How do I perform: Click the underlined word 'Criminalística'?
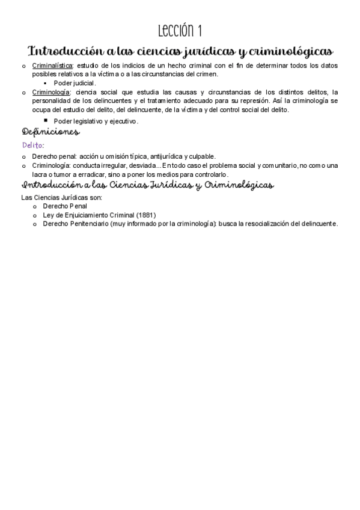(52, 66)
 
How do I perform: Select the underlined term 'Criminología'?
(50, 92)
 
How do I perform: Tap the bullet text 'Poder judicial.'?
(75, 83)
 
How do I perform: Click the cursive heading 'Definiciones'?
(50, 132)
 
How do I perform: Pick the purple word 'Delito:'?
(33, 146)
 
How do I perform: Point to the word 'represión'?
(275, 101)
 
